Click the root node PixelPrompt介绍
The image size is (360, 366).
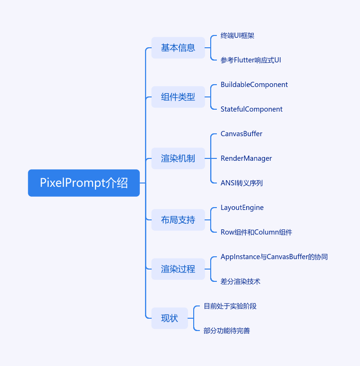(x=84, y=183)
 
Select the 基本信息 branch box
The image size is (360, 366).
(x=178, y=48)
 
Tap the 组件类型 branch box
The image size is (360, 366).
(x=178, y=97)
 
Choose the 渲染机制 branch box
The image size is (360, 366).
(x=178, y=158)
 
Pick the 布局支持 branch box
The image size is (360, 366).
(x=178, y=220)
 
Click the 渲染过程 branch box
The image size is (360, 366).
(x=178, y=269)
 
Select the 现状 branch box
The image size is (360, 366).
(x=170, y=318)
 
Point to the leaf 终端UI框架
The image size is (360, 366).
(x=238, y=35)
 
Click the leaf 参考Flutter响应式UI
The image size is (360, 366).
(x=251, y=60)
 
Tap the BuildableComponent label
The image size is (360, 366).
(x=254, y=85)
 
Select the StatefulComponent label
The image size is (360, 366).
(x=251, y=109)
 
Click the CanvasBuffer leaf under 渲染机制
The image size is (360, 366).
(x=241, y=134)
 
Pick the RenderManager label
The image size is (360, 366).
(x=246, y=158)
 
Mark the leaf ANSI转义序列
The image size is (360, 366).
(x=241, y=183)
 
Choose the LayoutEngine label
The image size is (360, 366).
(x=242, y=208)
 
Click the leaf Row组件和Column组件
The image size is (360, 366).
(x=256, y=232)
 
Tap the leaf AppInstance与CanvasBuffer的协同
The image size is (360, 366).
(x=274, y=257)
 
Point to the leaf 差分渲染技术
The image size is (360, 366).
(x=240, y=281)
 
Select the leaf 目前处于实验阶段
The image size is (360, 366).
(x=230, y=306)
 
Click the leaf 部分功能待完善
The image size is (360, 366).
(x=227, y=331)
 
